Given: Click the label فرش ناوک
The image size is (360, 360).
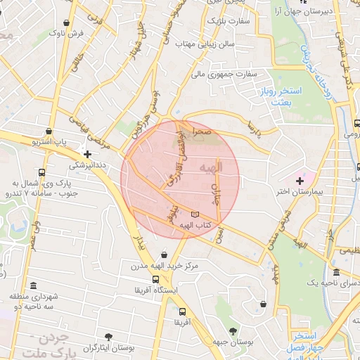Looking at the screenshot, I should tap(71, 33).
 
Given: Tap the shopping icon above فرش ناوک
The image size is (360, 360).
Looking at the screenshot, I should tap(67, 22).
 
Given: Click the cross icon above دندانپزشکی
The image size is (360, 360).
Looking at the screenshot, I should tap(87, 154).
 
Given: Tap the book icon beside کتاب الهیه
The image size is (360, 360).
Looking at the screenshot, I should tap(195, 214).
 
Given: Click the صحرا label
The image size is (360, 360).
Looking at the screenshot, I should tap(203, 131).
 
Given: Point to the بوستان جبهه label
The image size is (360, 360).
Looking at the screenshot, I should tap(231, 342).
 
